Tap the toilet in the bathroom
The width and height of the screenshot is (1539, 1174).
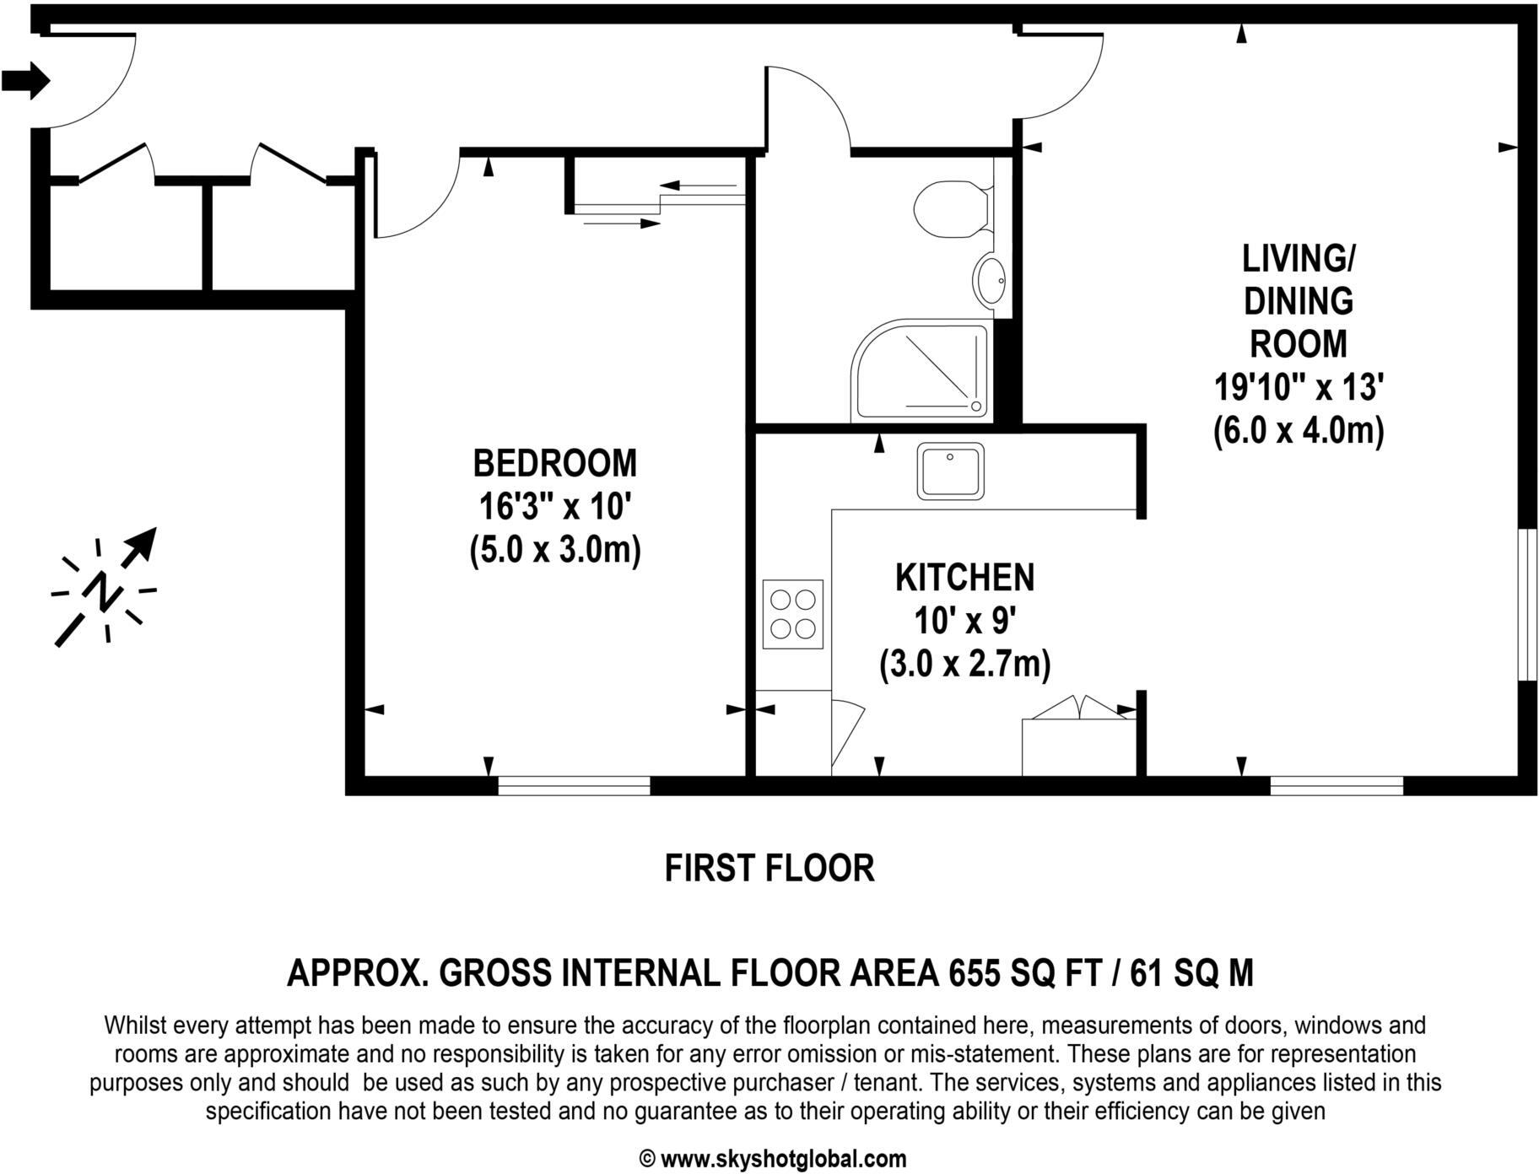pyautogui.click(x=952, y=208)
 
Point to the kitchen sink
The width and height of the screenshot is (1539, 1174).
pyautogui.click(x=951, y=471)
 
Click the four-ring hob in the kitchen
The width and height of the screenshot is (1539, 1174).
pyautogui.click(x=792, y=614)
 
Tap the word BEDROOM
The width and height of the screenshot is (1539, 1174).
pyautogui.click(x=554, y=464)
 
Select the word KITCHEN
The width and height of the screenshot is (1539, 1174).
pyautogui.click(x=964, y=578)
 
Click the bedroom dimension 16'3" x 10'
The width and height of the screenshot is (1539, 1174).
pyautogui.click(x=554, y=508)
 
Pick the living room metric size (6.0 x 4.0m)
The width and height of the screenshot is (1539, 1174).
pyautogui.click(x=1299, y=431)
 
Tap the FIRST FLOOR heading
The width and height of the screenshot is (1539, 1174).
pyautogui.click(x=769, y=868)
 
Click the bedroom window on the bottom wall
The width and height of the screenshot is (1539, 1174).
pyautogui.click(x=574, y=786)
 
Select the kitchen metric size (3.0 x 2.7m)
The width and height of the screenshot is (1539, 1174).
pyautogui.click(x=964, y=665)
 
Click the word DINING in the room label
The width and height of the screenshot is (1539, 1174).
pyautogui.click(x=1299, y=301)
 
